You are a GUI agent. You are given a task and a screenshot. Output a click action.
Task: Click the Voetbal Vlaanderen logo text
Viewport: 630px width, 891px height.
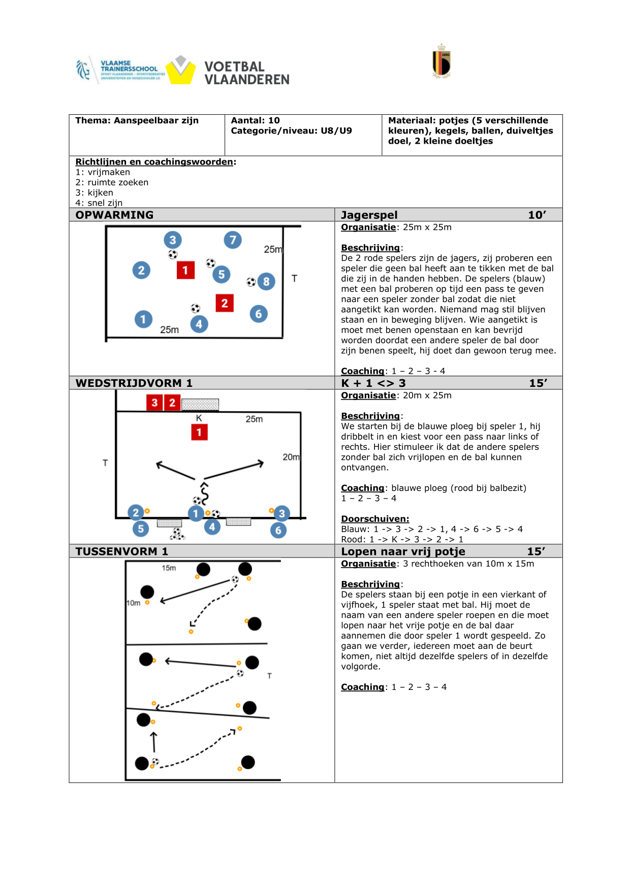click(246, 73)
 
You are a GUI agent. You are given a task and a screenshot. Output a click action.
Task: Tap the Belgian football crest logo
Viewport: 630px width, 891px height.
click(442, 62)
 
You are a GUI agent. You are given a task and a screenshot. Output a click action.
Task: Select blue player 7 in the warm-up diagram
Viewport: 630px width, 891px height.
click(233, 240)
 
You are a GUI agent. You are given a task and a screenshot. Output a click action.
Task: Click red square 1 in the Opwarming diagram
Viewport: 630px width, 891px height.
click(185, 270)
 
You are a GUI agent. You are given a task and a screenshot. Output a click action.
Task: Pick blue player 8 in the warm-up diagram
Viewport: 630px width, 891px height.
click(266, 281)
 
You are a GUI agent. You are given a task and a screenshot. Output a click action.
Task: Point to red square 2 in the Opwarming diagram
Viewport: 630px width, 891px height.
click(225, 303)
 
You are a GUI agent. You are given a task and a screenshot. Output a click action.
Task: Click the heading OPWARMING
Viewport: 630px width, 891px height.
click(114, 215)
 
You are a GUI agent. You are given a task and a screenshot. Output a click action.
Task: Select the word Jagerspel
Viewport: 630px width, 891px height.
click(369, 215)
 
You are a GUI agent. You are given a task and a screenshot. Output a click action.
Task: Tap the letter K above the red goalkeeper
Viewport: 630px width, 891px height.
click(199, 418)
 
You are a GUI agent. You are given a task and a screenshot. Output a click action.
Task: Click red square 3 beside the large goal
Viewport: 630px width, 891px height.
click(154, 403)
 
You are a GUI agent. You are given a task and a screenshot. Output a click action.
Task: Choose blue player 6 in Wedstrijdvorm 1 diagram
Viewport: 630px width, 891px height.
click(278, 531)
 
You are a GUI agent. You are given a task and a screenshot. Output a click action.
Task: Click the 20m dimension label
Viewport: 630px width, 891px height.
click(291, 457)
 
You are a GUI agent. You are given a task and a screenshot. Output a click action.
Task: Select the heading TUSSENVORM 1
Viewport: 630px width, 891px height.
click(121, 551)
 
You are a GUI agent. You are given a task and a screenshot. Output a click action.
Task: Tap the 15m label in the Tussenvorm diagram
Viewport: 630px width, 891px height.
click(169, 568)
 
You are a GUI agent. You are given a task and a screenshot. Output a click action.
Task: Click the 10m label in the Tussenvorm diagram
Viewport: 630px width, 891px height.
click(133, 603)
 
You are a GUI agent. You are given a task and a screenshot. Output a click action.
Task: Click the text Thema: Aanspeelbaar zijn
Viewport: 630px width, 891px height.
click(137, 120)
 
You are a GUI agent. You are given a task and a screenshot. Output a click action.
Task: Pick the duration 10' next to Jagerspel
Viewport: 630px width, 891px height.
click(537, 215)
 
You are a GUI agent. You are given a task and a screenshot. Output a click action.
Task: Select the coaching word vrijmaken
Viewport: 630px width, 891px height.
click(109, 172)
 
